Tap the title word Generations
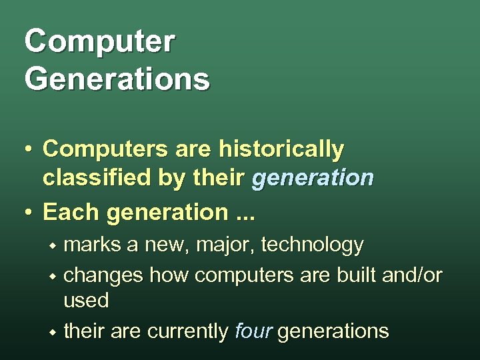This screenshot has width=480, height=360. coord(117,79)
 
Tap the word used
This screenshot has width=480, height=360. coord(86,301)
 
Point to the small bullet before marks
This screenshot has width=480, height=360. coord(51,246)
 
